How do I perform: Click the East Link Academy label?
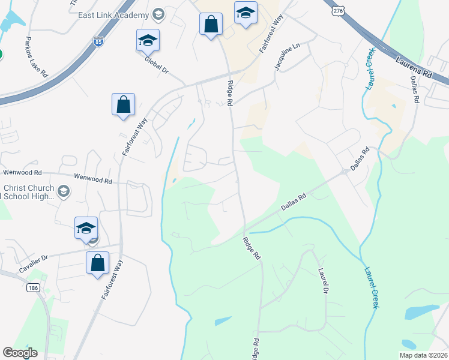point(113,14)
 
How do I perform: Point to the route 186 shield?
point(33,289)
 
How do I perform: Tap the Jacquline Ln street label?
point(287,57)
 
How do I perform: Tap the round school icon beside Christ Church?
point(64,191)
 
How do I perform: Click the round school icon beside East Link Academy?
point(158,14)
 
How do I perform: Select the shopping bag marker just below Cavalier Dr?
point(97,263)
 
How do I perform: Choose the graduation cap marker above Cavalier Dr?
point(86,228)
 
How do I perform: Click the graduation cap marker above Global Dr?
point(148,40)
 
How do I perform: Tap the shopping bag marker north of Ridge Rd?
point(211,25)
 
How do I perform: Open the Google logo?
point(20,353)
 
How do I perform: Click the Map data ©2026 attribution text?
point(423,355)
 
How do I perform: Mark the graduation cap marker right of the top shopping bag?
point(246,13)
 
